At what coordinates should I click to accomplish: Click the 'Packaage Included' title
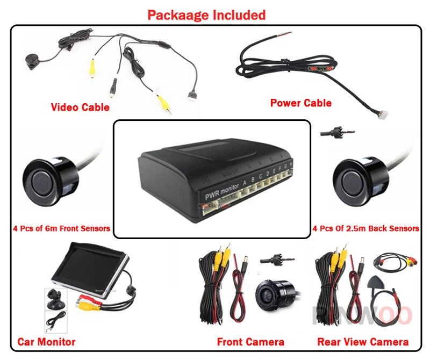pos(206,15)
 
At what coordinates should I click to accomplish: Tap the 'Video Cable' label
pos(80,107)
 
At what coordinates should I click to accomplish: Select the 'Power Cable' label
pos(300,103)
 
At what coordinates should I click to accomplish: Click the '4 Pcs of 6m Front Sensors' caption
pos(61,228)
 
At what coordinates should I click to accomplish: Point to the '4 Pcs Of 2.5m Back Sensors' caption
pos(366,228)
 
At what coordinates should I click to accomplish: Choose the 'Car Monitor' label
pos(46,342)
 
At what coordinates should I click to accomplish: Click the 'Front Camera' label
pos(250,342)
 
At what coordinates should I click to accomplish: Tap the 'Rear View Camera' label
pos(363,342)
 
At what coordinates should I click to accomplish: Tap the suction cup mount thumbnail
pos(55,299)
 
